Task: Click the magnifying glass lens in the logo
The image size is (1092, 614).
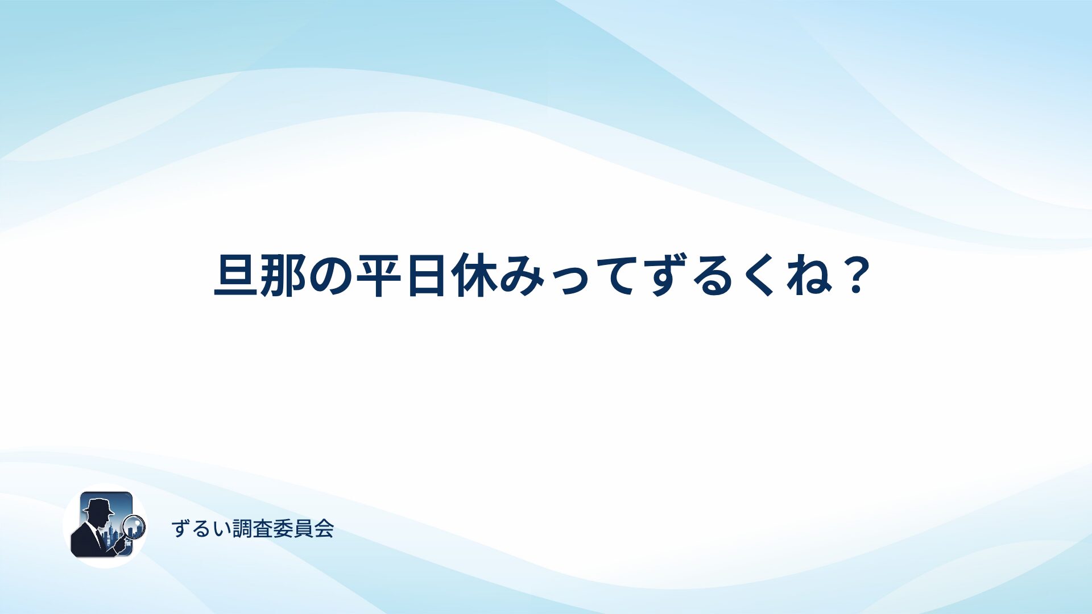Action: [134, 526]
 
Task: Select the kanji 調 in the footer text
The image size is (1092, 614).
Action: [242, 529]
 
